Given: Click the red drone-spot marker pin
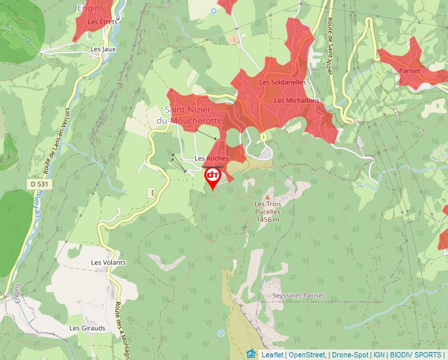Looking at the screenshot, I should tap(213, 176).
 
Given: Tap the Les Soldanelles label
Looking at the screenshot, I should tap(283, 82).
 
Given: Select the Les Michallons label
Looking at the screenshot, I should tap(296, 100).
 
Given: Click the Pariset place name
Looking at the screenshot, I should tap(410, 70).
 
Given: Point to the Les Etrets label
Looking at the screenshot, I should tap(102, 22).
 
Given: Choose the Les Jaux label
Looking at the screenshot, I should tap(103, 49).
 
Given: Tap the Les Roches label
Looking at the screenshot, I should tap(211, 159).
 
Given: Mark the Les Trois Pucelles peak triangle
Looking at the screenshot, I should tap(267, 197).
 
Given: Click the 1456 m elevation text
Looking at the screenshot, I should tap(267, 220).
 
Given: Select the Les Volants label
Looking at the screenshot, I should tap(108, 262).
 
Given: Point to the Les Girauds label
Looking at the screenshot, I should tap(87, 327).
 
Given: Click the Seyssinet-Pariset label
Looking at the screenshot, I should tap(298, 296).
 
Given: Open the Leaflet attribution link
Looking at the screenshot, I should tap(272, 355).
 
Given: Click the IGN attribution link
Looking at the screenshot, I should tap(379, 355).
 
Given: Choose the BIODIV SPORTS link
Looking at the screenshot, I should tap(415, 355).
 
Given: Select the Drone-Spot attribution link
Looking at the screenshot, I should tap(349, 355).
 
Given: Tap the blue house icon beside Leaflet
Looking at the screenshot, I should tap(251, 354).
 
